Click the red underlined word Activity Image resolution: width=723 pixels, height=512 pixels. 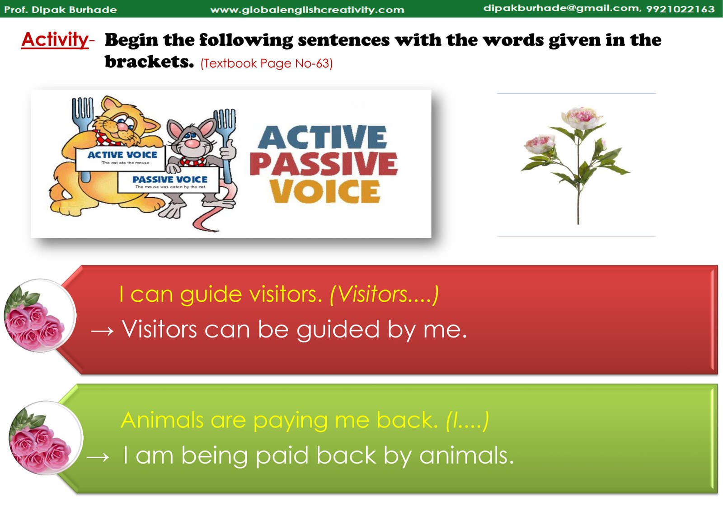point(55,40)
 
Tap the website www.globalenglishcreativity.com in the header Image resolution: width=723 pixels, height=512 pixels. point(307,9)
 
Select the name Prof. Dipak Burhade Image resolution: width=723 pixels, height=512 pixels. point(61,9)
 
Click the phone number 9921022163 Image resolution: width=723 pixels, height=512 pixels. point(681,9)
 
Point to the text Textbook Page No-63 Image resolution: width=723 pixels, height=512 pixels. point(266,63)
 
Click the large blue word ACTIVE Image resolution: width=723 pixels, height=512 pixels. point(322,137)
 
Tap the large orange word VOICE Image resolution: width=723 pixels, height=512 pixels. point(325,191)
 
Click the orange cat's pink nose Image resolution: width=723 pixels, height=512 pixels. point(123,126)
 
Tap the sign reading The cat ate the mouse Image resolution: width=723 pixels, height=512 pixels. point(120,158)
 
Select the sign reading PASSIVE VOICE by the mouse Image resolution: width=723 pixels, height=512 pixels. point(168,182)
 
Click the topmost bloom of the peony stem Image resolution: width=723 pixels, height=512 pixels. point(581,118)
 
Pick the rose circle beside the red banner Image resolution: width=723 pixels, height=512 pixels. point(39,316)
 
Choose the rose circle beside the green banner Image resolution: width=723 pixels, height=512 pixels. point(45,438)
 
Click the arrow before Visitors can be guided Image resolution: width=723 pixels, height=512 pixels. point(102,331)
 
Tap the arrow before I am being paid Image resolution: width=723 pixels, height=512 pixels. point(98,457)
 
